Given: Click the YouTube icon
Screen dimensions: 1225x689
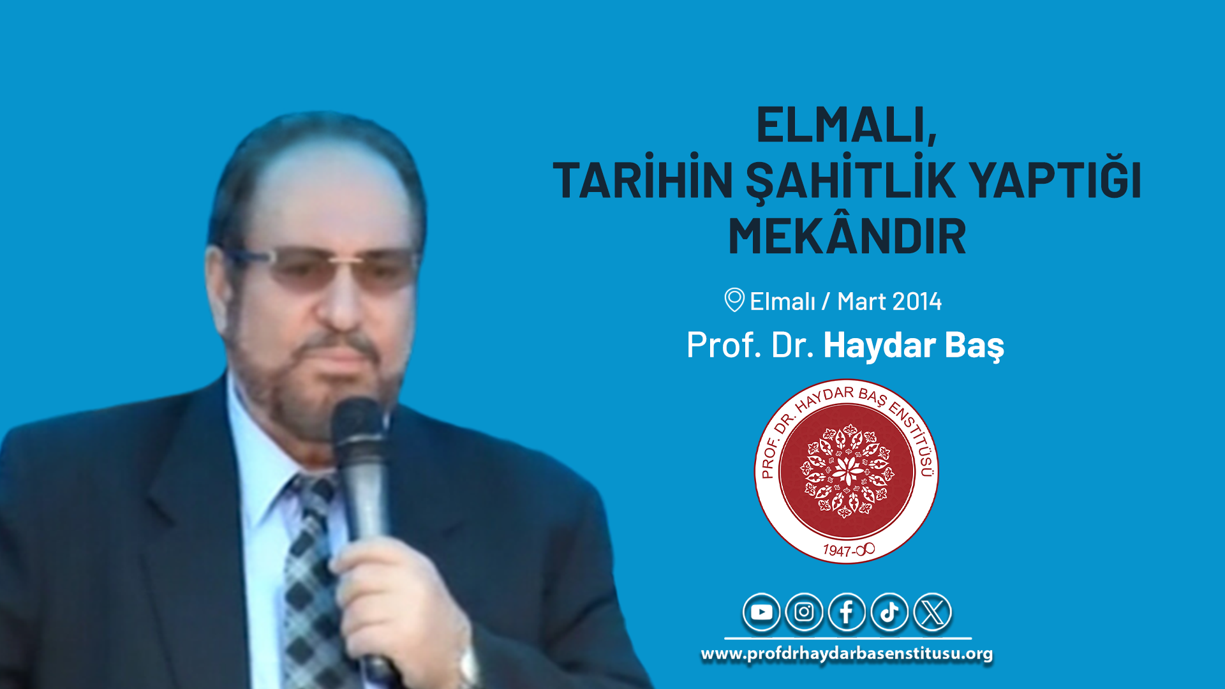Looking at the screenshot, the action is [x=761, y=612].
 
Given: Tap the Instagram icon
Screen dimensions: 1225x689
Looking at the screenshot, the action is [x=804, y=612].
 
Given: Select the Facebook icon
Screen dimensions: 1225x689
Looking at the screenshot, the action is [x=847, y=612].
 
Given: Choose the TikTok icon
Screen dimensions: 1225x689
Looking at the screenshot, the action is [x=889, y=612].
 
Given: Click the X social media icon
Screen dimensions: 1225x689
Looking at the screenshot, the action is [x=932, y=612].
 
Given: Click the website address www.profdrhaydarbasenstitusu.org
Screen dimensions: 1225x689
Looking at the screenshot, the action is [x=847, y=654].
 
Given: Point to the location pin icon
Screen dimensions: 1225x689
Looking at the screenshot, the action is [x=734, y=300].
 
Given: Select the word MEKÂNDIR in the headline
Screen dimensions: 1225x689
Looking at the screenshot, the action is [x=847, y=236].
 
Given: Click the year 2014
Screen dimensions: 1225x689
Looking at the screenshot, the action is [x=916, y=301].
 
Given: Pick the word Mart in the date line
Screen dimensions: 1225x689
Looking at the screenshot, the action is [x=861, y=301].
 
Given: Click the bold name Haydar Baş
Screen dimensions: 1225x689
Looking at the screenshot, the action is [x=914, y=346].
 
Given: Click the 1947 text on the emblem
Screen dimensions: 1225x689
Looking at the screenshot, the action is [x=837, y=551].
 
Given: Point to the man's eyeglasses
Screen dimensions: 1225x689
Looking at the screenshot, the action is [x=322, y=268].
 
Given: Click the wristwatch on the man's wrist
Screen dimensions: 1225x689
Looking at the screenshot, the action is [x=469, y=667].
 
